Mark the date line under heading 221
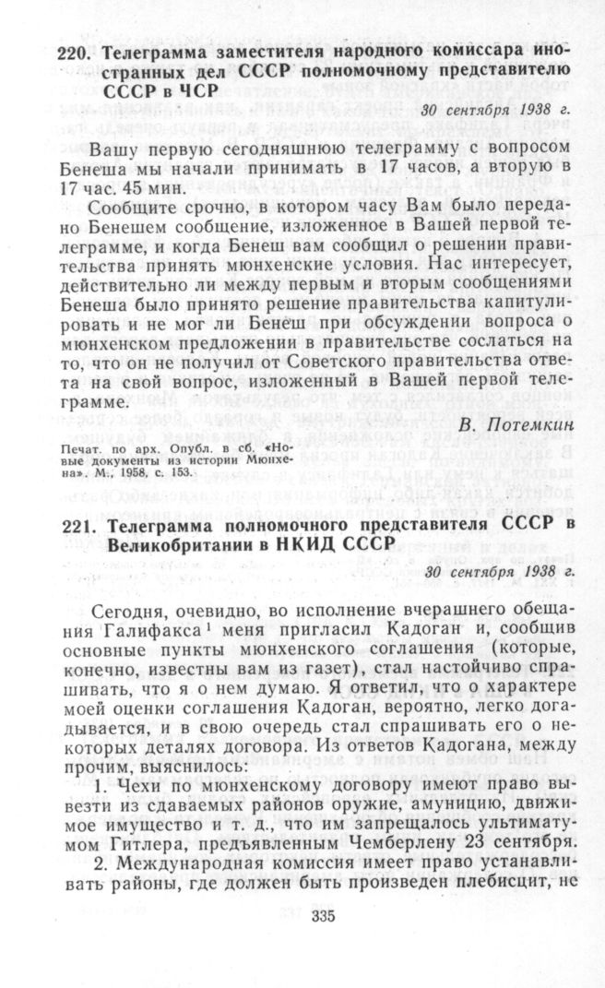495,571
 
